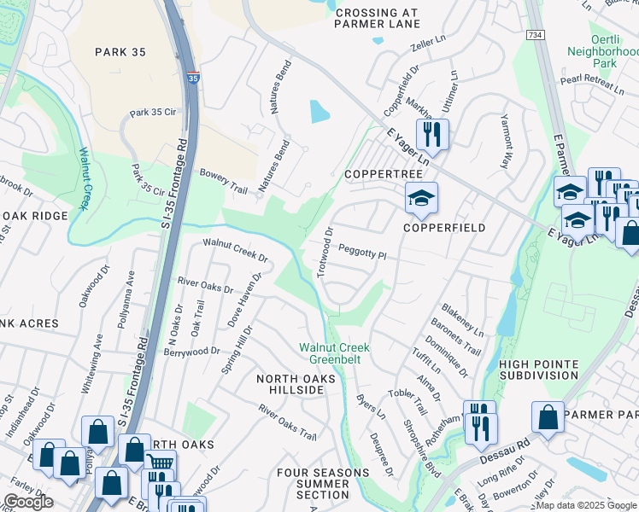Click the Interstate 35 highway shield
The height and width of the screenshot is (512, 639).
click(x=194, y=78)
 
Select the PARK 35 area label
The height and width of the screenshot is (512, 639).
click(x=120, y=52)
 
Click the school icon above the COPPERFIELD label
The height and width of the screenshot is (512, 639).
click(x=420, y=199)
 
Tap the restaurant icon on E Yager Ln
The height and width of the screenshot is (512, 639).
click(x=432, y=134)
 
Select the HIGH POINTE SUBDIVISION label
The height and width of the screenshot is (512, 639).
click(x=538, y=369)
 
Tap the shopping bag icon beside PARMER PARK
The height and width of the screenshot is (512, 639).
click(x=548, y=417)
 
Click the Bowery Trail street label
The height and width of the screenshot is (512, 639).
click(x=223, y=179)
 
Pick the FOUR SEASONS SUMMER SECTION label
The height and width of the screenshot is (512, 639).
click(x=313, y=483)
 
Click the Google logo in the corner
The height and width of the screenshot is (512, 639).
click(x=28, y=502)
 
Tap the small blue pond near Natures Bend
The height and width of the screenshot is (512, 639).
click(x=319, y=112)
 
